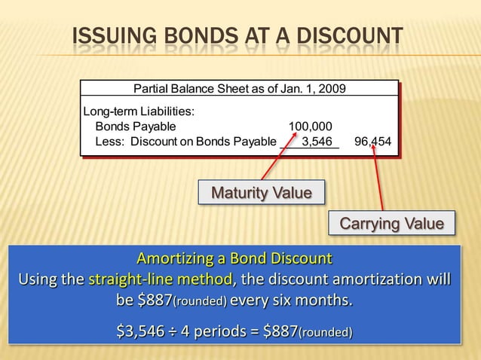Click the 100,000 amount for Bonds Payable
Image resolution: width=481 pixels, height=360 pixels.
click(x=310, y=126)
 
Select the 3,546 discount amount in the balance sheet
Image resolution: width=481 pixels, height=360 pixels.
click(x=317, y=141)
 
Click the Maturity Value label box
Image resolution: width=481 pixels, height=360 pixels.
click(x=261, y=193)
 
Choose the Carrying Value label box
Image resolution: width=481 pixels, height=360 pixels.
click(x=392, y=224)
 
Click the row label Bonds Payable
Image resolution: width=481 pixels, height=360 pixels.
click(x=135, y=126)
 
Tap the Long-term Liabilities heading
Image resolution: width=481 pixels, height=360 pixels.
click(x=139, y=111)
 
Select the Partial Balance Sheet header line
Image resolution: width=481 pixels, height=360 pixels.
click(x=240, y=88)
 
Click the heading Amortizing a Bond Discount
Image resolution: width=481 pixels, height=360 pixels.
click(x=234, y=259)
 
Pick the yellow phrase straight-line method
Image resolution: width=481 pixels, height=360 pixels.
click(x=161, y=281)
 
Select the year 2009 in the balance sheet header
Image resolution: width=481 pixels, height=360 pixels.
click(x=332, y=88)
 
